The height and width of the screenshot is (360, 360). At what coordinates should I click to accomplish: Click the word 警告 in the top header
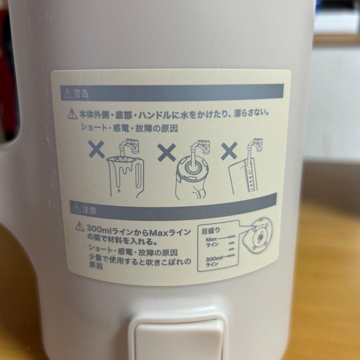(81, 94)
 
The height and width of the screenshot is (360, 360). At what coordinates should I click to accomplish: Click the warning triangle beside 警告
(66, 94)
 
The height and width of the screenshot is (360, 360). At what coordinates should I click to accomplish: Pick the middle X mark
(167, 153)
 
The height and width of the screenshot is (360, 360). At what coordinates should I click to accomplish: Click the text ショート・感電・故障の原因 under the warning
(129, 128)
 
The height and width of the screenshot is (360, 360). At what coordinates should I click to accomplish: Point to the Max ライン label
(212, 242)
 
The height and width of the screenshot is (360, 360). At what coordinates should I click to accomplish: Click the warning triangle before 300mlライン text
(80, 228)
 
